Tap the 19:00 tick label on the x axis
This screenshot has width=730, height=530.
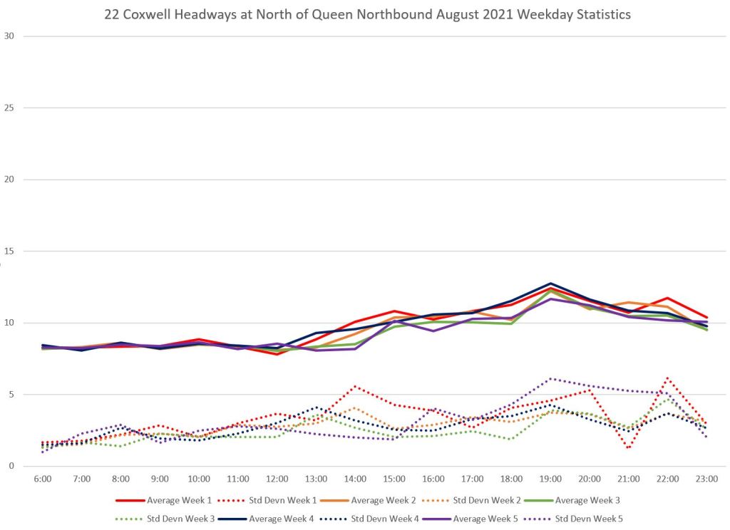(x=551, y=479)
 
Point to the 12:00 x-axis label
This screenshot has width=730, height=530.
(x=277, y=479)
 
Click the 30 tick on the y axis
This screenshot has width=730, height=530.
(x=9, y=36)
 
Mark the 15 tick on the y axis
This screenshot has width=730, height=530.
(x=9, y=251)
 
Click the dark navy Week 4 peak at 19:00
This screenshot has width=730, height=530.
(x=551, y=284)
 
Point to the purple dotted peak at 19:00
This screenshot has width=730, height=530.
(x=551, y=379)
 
